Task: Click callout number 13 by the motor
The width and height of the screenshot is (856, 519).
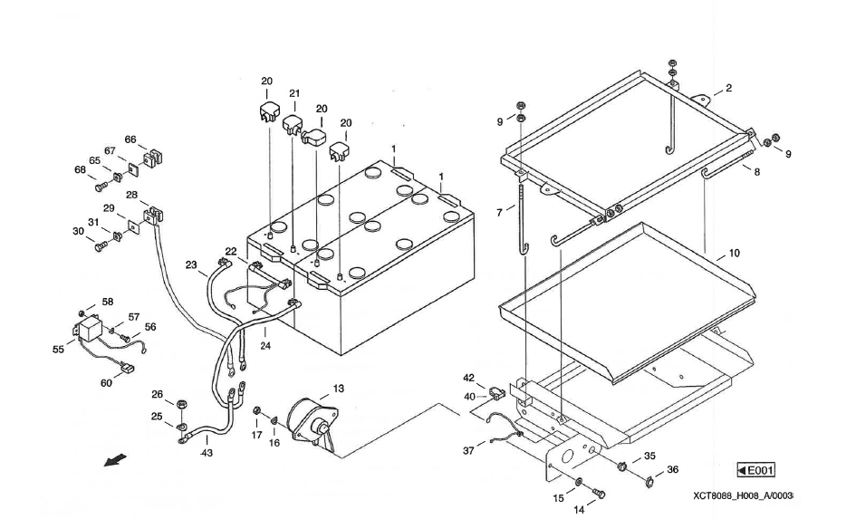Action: (x=338, y=389)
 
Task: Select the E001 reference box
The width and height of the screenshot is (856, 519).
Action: (x=756, y=470)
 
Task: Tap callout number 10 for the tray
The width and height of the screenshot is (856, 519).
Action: (x=734, y=254)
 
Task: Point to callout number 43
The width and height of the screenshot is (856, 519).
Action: (x=207, y=453)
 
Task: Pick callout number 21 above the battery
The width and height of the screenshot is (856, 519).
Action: (x=294, y=94)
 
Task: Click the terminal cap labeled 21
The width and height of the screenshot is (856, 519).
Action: (x=292, y=123)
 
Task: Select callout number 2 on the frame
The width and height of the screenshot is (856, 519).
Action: (x=728, y=88)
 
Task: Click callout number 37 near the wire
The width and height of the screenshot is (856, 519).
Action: (x=468, y=451)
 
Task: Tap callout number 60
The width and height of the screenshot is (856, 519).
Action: (x=106, y=383)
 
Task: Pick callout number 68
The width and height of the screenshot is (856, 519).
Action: (x=80, y=170)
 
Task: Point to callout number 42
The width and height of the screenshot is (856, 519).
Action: (x=468, y=378)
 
